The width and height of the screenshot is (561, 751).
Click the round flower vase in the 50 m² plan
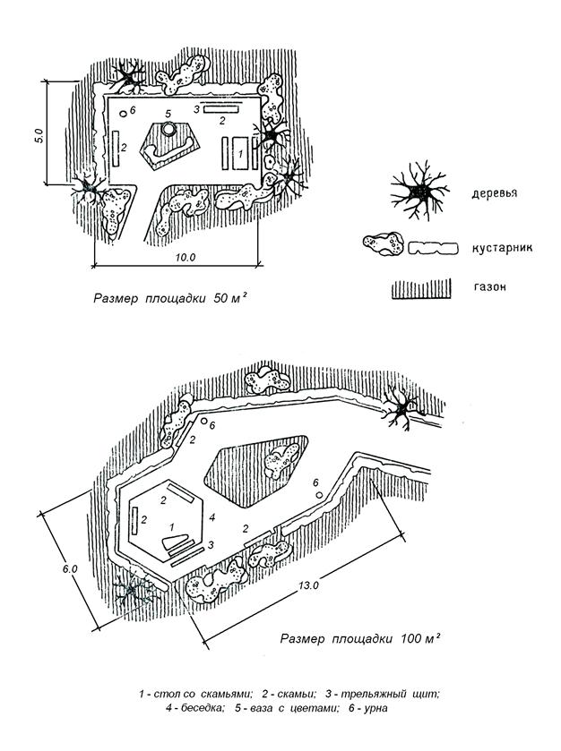pos(168,132)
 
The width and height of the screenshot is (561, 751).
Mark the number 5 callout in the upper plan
pos(168,114)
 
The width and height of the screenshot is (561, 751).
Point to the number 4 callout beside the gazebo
pos(211,517)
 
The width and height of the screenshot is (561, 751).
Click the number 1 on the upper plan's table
pos(239,154)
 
